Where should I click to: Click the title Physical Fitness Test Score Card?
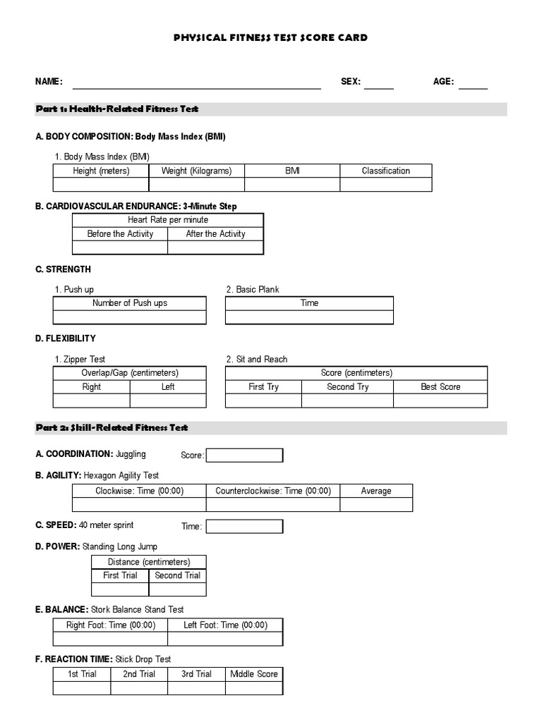tap(270, 37)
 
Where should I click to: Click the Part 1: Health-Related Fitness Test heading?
tap(117, 109)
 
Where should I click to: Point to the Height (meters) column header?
tap(101, 171)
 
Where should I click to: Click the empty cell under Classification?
tap(385, 185)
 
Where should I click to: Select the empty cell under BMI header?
tap(292, 185)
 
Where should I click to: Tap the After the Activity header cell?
tap(215, 234)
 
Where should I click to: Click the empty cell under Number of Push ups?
tap(130, 317)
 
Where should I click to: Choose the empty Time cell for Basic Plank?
tap(309, 317)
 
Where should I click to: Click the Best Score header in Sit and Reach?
tap(440, 387)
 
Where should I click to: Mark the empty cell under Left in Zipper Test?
tap(168, 400)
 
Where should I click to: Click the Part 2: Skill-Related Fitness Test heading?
tap(112, 428)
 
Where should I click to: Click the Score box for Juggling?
tap(244, 455)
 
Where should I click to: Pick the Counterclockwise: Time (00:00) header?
tap(273, 491)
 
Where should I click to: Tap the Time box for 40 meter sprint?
tap(244, 527)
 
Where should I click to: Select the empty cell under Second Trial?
tap(178, 589)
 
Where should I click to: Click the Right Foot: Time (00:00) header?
tap(111, 625)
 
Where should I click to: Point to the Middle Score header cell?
tap(254, 674)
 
